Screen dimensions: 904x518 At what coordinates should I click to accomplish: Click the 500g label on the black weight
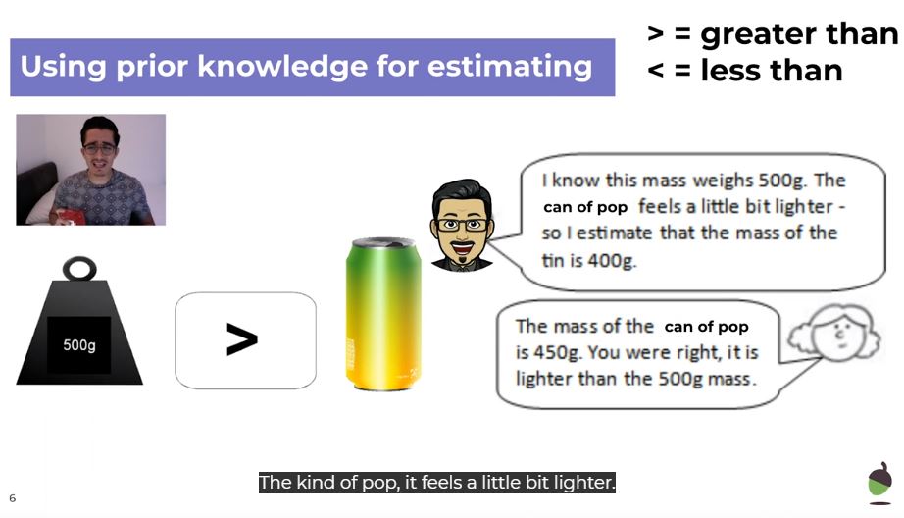tap(79, 345)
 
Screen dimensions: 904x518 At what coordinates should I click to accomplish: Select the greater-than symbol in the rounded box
tap(242, 339)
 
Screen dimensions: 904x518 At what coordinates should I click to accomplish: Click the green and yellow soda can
tap(383, 314)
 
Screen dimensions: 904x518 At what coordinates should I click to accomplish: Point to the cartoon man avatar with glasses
tap(463, 225)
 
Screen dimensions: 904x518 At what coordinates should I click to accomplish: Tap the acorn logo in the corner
tap(879, 483)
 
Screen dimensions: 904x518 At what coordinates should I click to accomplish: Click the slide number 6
tap(12, 498)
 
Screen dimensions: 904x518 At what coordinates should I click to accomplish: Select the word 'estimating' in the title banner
tap(510, 67)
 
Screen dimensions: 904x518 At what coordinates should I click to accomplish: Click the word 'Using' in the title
tap(64, 67)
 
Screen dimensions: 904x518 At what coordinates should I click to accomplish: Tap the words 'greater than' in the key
tap(799, 34)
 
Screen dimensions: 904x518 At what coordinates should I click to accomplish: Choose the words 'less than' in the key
tap(772, 71)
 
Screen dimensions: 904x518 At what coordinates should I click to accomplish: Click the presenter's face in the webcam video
tap(100, 148)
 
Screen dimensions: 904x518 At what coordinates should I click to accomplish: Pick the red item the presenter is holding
tap(71, 216)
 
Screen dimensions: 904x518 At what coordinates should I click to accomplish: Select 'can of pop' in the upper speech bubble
tap(585, 207)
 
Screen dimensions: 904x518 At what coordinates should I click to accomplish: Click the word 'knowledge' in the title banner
tap(282, 67)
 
